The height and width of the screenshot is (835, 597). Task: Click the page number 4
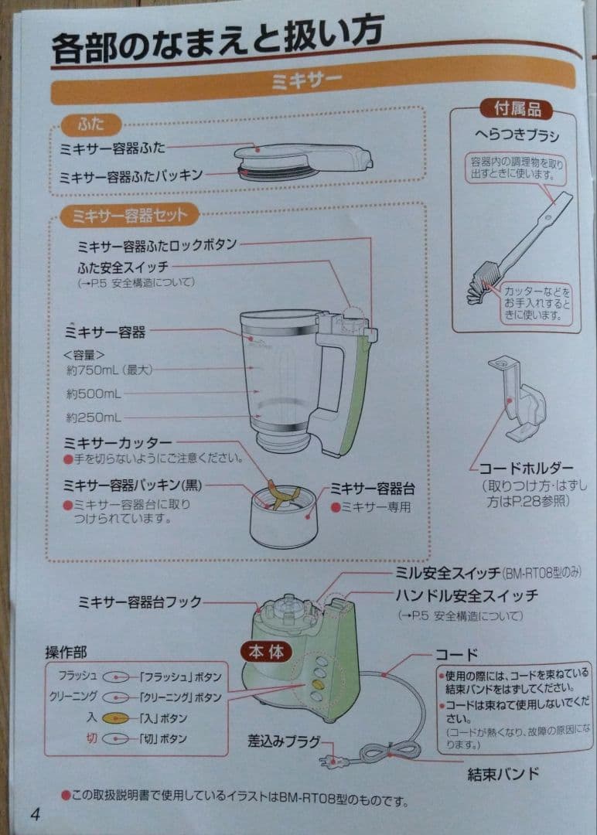[x=35, y=813]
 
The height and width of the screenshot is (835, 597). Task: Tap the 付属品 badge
[x=512, y=109]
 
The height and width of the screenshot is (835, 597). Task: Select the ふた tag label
[x=91, y=124]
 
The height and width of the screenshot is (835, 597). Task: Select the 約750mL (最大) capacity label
[x=110, y=370]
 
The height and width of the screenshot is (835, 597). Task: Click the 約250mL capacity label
[x=93, y=417]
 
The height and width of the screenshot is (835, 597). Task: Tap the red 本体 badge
[x=265, y=651]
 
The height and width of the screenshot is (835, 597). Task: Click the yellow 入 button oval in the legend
[x=114, y=717]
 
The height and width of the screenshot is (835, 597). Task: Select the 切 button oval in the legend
[x=114, y=738]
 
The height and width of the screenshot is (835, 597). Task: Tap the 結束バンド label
[x=503, y=773]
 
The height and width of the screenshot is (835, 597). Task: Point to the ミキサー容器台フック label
[x=139, y=602]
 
